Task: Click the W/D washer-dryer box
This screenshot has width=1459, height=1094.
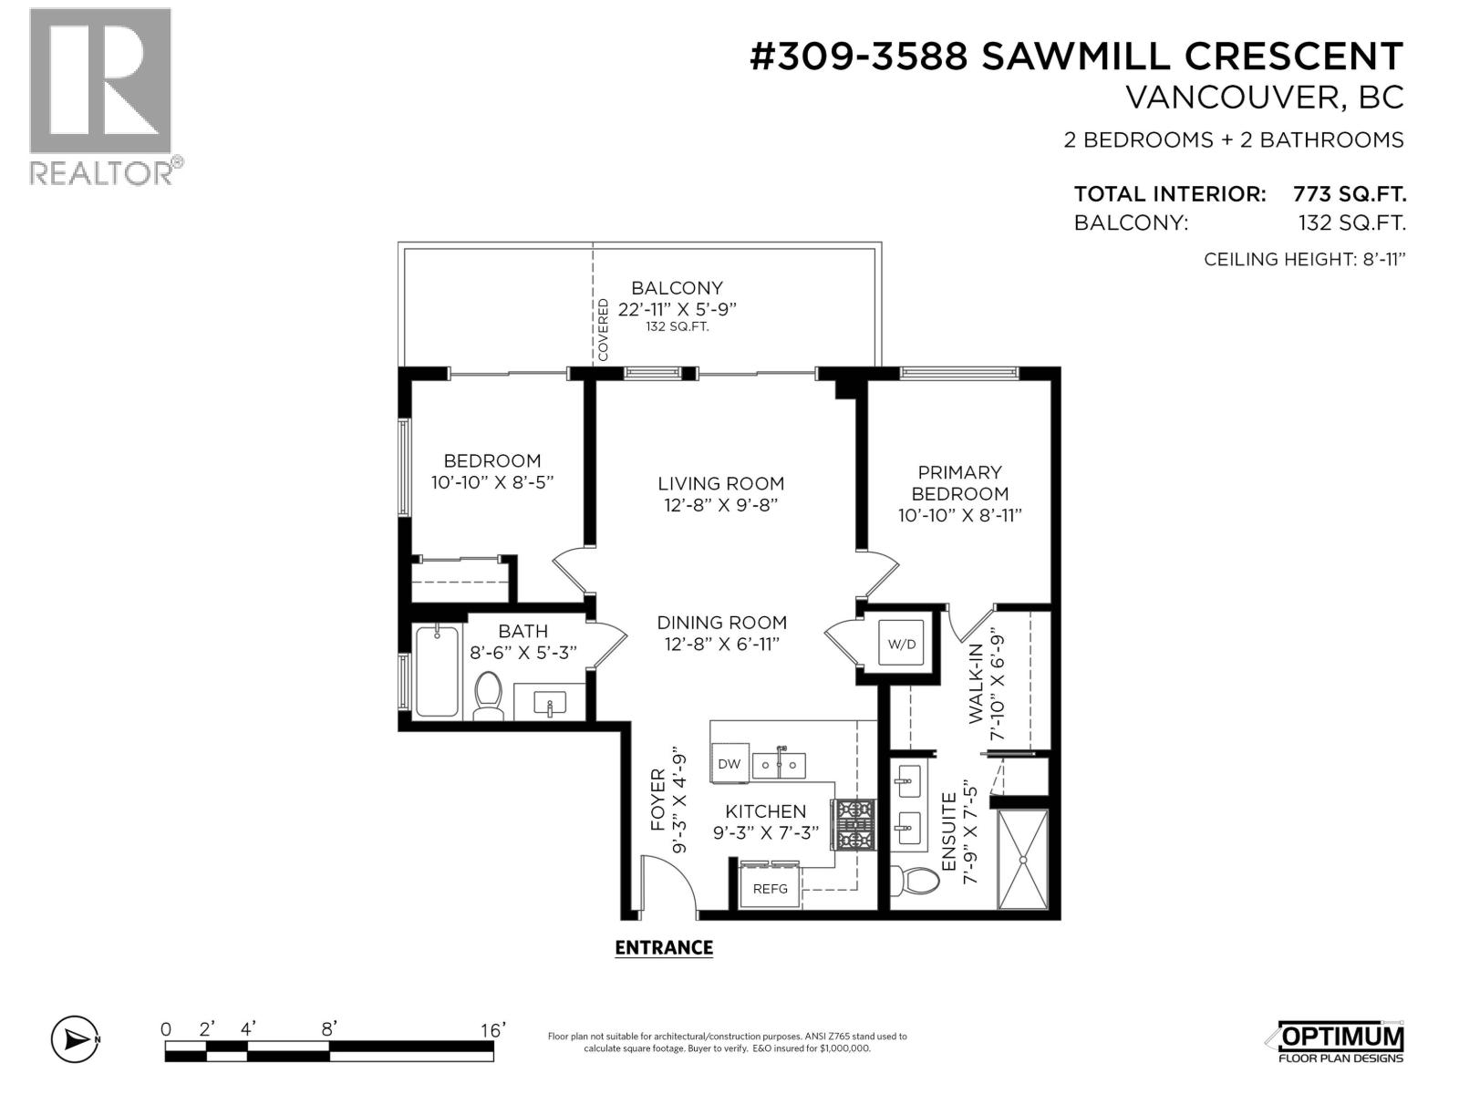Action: point(902,644)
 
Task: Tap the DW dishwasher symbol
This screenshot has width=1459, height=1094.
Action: point(729,764)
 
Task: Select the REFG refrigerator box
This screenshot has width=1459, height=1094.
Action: point(771,888)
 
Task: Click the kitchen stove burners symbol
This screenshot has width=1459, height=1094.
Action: point(854,824)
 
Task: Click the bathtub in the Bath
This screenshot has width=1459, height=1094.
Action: point(438,671)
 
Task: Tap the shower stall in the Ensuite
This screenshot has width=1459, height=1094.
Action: point(1022,859)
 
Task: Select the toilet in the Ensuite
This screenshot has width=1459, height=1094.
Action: point(915,882)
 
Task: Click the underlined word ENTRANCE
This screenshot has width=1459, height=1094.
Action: point(664,948)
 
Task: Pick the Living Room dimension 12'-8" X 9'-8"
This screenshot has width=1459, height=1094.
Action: point(720,505)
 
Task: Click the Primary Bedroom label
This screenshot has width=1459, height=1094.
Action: point(959,483)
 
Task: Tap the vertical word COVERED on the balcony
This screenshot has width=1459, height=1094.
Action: point(603,330)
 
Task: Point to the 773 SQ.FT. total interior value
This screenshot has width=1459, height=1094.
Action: point(1350,194)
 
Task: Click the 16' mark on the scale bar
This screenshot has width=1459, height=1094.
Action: point(492,1030)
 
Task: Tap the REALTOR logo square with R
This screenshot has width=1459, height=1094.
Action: point(100,80)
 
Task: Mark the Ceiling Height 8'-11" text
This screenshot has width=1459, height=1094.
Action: point(1304,260)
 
